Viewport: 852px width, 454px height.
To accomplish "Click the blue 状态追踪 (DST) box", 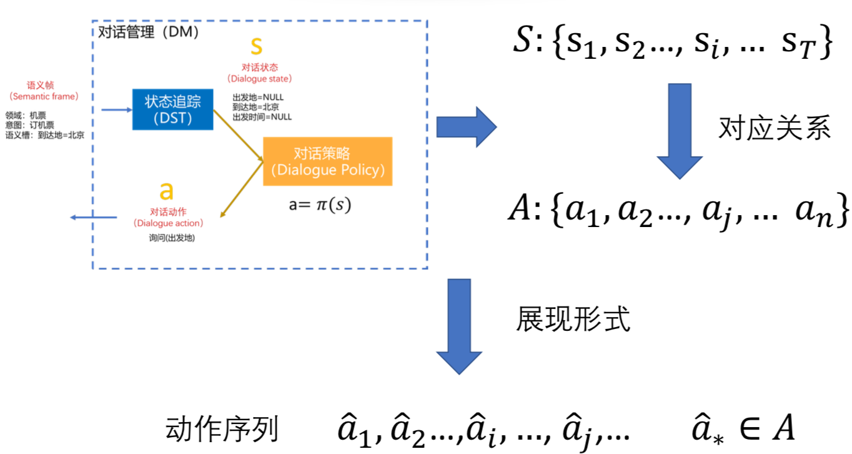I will [x=172, y=109].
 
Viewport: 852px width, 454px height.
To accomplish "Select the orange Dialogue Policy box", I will [x=327, y=161].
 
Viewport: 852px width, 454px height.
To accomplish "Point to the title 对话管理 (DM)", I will [x=149, y=32].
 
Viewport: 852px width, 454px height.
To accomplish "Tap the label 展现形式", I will [x=573, y=319].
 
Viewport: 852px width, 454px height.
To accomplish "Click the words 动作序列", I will [x=222, y=431].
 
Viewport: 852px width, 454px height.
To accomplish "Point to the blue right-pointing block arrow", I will [x=465, y=126].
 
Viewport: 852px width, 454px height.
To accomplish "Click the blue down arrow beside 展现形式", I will [x=460, y=326].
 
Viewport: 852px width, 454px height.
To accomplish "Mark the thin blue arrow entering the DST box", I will [x=116, y=109].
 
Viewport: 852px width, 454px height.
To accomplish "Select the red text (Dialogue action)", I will [x=167, y=223].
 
